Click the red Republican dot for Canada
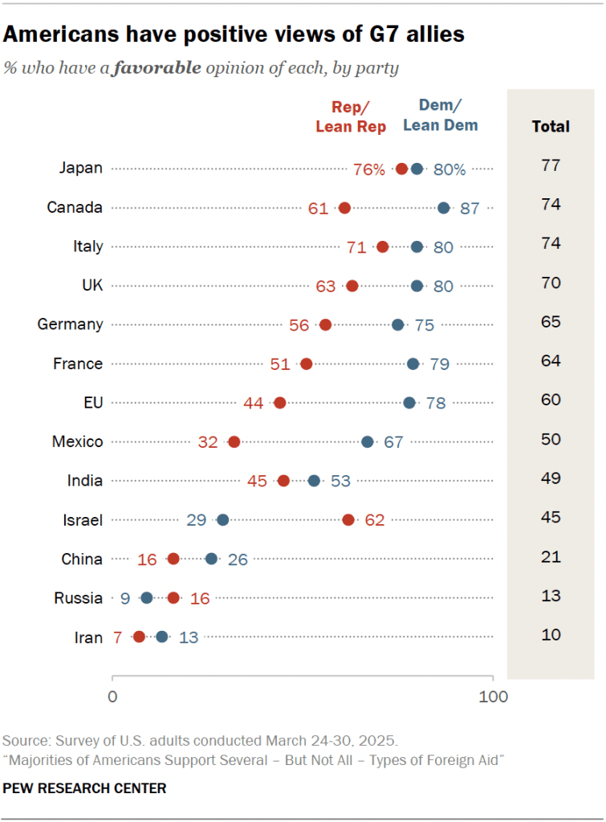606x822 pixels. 344,208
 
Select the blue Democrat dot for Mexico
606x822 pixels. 367,442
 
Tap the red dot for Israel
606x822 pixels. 348,520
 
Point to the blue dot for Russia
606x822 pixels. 146,598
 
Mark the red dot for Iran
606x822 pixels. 139,637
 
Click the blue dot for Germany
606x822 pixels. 398,324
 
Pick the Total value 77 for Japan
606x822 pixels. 551,166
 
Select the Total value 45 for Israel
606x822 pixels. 551,518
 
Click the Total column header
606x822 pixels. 551,126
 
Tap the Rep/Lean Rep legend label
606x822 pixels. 351,117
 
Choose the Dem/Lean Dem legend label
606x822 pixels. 440,116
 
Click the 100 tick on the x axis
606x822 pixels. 493,697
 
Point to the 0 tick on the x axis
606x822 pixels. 112,697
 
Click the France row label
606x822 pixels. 78,364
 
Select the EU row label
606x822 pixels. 93,402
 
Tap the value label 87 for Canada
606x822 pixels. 470,208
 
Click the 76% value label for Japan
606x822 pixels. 369,169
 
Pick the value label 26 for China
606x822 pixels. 238,560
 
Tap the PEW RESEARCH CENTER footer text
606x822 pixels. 85,788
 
